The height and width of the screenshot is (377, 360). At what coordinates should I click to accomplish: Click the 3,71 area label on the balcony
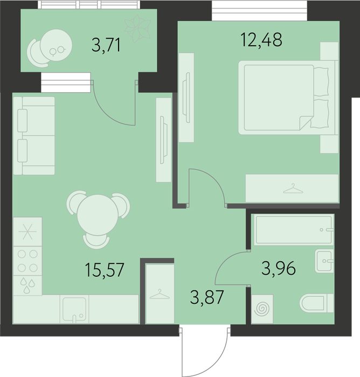tap(106, 45)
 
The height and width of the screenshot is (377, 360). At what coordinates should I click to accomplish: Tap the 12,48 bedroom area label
tap(261, 40)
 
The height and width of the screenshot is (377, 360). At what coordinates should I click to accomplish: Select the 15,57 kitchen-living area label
tap(105, 270)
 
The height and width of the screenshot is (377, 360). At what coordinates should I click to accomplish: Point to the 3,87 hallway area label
tap(207, 297)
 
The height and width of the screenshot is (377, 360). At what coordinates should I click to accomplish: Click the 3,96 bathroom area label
tap(279, 268)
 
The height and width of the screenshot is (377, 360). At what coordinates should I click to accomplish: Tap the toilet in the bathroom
tap(317, 303)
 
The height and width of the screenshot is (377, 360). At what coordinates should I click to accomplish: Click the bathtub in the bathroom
tap(294, 229)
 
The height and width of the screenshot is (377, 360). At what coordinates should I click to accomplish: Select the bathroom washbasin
tap(324, 261)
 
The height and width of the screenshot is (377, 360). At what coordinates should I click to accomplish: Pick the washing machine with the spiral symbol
tap(262, 309)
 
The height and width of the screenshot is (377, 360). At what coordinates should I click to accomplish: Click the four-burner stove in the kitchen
tap(27, 261)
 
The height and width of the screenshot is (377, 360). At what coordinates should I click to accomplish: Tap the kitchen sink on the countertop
tap(74, 310)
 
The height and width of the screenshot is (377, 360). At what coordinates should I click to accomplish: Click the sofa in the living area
tap(34, 136)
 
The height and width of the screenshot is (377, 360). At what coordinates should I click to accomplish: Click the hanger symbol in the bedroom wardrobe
tap(293, 188)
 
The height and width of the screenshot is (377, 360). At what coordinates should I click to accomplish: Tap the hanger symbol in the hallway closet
tap(160, 294)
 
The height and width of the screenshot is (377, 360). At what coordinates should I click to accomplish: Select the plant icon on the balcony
tap(137, 29)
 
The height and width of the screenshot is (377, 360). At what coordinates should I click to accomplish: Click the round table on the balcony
tap(56, 45)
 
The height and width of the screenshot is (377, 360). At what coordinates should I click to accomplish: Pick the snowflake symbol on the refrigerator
tap(27, 232)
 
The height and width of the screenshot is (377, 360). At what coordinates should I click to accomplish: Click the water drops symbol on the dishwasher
tap(27, 285)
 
